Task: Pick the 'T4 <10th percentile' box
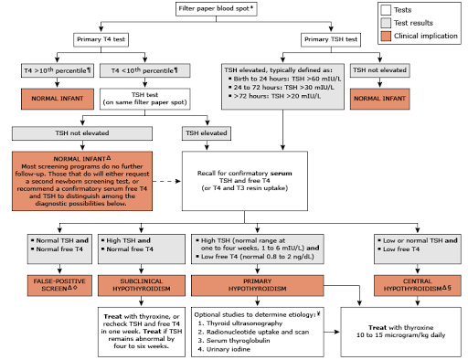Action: [x=146, y=70]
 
